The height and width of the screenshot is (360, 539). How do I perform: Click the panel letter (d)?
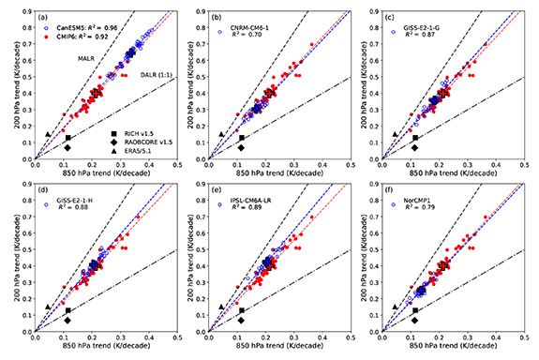click(x=44, y=192)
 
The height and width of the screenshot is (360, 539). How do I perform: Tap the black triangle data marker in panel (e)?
click(x=220, y=307)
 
